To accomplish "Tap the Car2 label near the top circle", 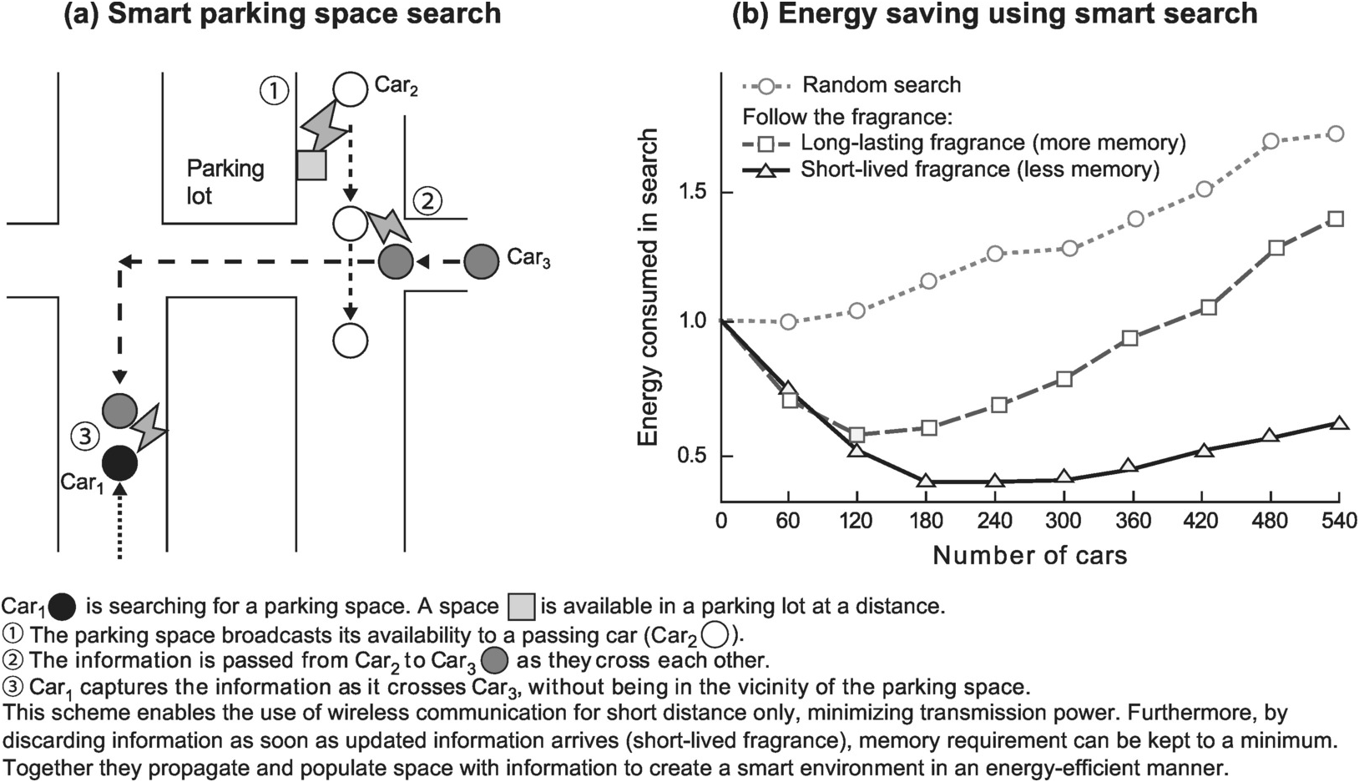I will click(x=397, y=86).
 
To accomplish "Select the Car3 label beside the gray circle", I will click(x=528, y=258).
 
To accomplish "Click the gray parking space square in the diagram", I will click(x=311, y=165).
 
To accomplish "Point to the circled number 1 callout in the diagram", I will click(x=274, y=89).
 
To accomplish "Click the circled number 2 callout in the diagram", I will click(x=427, y=201).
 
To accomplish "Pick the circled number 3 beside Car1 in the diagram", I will click(x=84, y=435).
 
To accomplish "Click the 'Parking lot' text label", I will click(x=225, y=182).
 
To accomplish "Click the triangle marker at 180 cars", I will click(x=925, y=481).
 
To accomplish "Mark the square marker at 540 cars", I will click(x=1335, y=219).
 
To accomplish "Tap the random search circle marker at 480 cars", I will click(x=1271, y=141).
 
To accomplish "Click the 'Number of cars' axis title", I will click(x=1029, y=556).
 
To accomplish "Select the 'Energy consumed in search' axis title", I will click(x=649, y=288).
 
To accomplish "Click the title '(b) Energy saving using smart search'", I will click(x=994, y=14).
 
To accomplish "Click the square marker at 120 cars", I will click(x=856, y=435).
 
